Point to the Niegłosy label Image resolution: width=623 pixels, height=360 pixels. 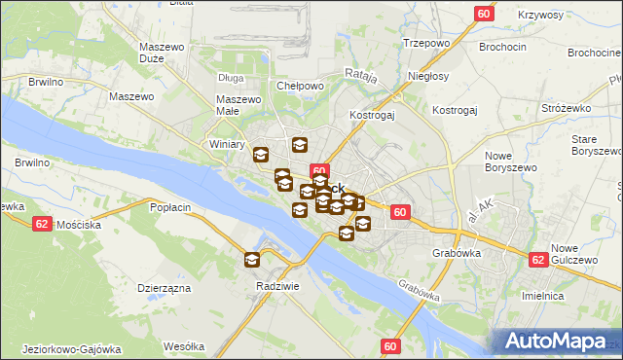[428, 75]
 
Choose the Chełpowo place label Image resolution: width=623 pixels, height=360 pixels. [300, 86]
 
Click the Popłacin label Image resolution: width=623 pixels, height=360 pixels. [170, 207]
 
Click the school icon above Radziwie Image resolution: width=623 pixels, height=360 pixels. [252, 259]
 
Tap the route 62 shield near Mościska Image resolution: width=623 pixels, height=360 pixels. [41, 223]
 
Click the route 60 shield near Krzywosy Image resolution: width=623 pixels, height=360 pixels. [485, 13]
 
